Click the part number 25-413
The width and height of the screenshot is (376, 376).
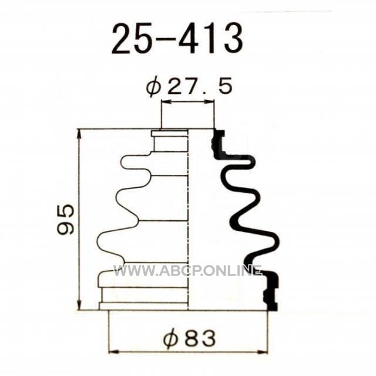[x=177, y=38]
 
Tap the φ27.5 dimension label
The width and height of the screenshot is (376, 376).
[x=189, y=86]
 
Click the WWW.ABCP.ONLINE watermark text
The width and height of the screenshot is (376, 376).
[x=187, y=271]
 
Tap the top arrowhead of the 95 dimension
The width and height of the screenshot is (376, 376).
[x=79, y=135]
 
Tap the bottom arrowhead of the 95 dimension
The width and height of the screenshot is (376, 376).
[x=79, y=304]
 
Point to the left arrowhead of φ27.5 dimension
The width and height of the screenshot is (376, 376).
[x=167, y=102]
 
